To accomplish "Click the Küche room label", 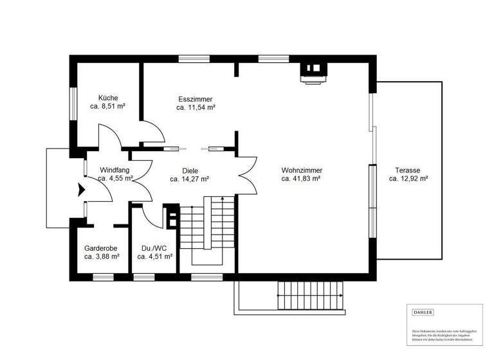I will click(104, 98).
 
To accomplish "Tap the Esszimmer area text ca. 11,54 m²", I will click(196, 108).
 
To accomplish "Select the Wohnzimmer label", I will click(302, 170).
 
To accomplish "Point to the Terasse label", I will click(408, 170).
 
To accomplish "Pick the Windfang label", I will click(115, 170).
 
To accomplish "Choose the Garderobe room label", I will click(102, 248).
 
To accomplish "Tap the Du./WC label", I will click(154, 248).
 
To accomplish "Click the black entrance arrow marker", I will click(81, 190).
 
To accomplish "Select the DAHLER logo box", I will click(423, 312).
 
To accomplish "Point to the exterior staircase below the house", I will click(309, 296).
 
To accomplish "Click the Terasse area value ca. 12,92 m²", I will click(408, 179).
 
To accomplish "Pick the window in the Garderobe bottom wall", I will click(103, 277).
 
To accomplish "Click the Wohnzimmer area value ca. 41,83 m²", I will click(301, 179).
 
